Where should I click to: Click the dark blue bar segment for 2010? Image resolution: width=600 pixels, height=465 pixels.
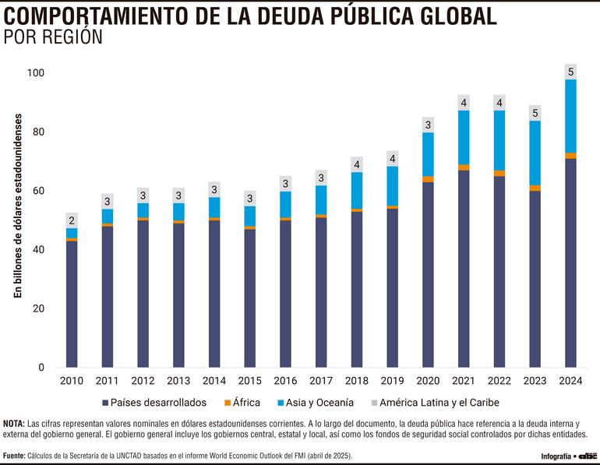[x=72, y=304]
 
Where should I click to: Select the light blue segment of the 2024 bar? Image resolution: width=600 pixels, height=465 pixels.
[x=570, y=116]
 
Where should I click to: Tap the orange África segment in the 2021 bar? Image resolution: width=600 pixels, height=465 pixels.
[x=464, y=167]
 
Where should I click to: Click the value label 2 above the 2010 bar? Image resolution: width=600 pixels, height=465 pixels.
[x=72, y=220]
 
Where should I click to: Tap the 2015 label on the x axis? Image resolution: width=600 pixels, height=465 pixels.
[x=249, y=381]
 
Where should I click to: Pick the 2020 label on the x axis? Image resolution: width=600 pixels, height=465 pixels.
[x=428, y=381]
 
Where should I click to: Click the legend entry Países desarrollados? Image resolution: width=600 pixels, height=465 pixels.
[x=153, y=403]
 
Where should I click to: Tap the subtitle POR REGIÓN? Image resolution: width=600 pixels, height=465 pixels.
[x=54, y=37]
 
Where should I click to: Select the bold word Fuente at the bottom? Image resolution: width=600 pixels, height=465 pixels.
[x=14, y=456]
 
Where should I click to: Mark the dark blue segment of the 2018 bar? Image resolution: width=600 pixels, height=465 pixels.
[x=357, y=288]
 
